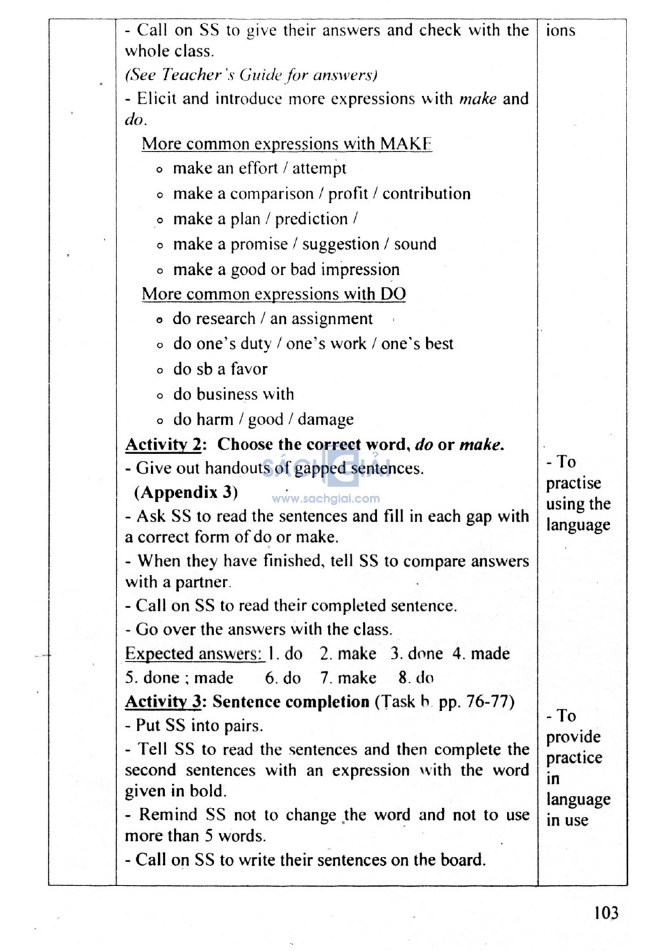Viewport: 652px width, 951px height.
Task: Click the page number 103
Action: click(x=606, y=913)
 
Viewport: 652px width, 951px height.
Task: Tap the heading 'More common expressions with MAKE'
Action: click(x=287, y=144)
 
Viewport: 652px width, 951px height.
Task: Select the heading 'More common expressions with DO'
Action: click(x=273, y=294)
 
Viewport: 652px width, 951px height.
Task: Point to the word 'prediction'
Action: click(x=311, y=219)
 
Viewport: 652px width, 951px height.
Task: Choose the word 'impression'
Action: click(x=360, y=270)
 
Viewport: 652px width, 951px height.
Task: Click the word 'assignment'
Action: click(x=331, y=319)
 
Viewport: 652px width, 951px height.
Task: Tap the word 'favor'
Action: click(x=249, y=369)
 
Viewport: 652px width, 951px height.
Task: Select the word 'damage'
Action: click(x=325, y=420)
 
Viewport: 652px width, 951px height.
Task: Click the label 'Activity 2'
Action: click(x=163, y=445)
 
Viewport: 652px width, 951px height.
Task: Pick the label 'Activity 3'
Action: click(x=163, y=702)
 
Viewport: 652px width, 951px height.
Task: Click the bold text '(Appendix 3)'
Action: click(x=186, y=492)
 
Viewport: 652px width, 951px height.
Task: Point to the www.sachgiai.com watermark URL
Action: click(x=326, y=499)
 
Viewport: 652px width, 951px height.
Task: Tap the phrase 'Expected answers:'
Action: click(x=194, y=654)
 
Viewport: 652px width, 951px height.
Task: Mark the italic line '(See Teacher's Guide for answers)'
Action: click(x=251, y=75)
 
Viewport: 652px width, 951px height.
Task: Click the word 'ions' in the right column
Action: click(x=560, y=31)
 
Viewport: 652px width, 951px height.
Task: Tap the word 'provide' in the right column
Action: click(x=573, y=737)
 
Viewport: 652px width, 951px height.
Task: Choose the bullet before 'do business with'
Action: click(x=160, y=396)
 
